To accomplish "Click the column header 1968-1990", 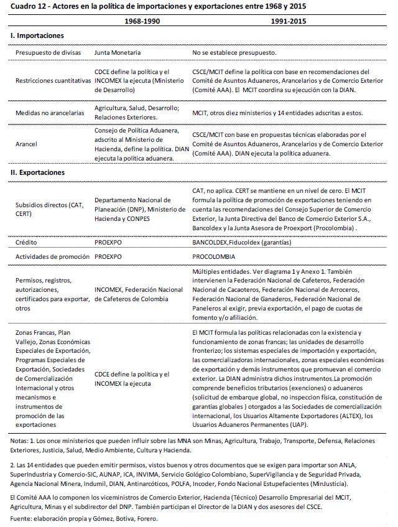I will [x=142, y=22].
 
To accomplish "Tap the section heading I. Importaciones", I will [x=37, y=37].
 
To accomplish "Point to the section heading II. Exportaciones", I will [x=38, y=172].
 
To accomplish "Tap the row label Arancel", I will [x=27, y=144].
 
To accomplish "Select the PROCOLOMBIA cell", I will [x=214, y=256].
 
